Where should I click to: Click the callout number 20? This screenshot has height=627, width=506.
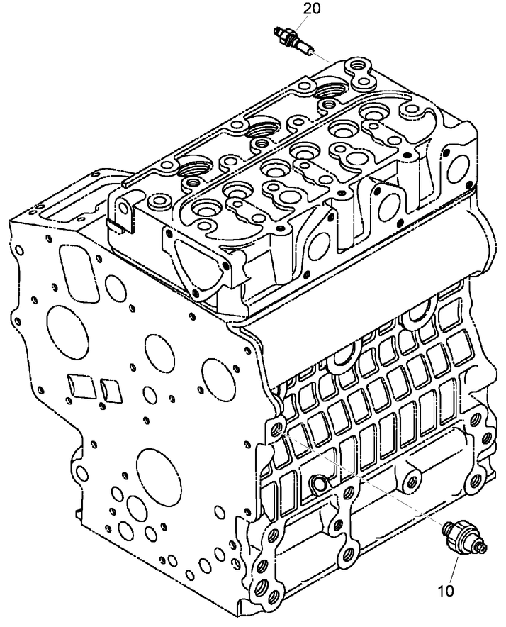(x=312, y=9)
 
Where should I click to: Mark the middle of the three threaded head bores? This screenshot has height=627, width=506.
(x=263, y=130)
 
